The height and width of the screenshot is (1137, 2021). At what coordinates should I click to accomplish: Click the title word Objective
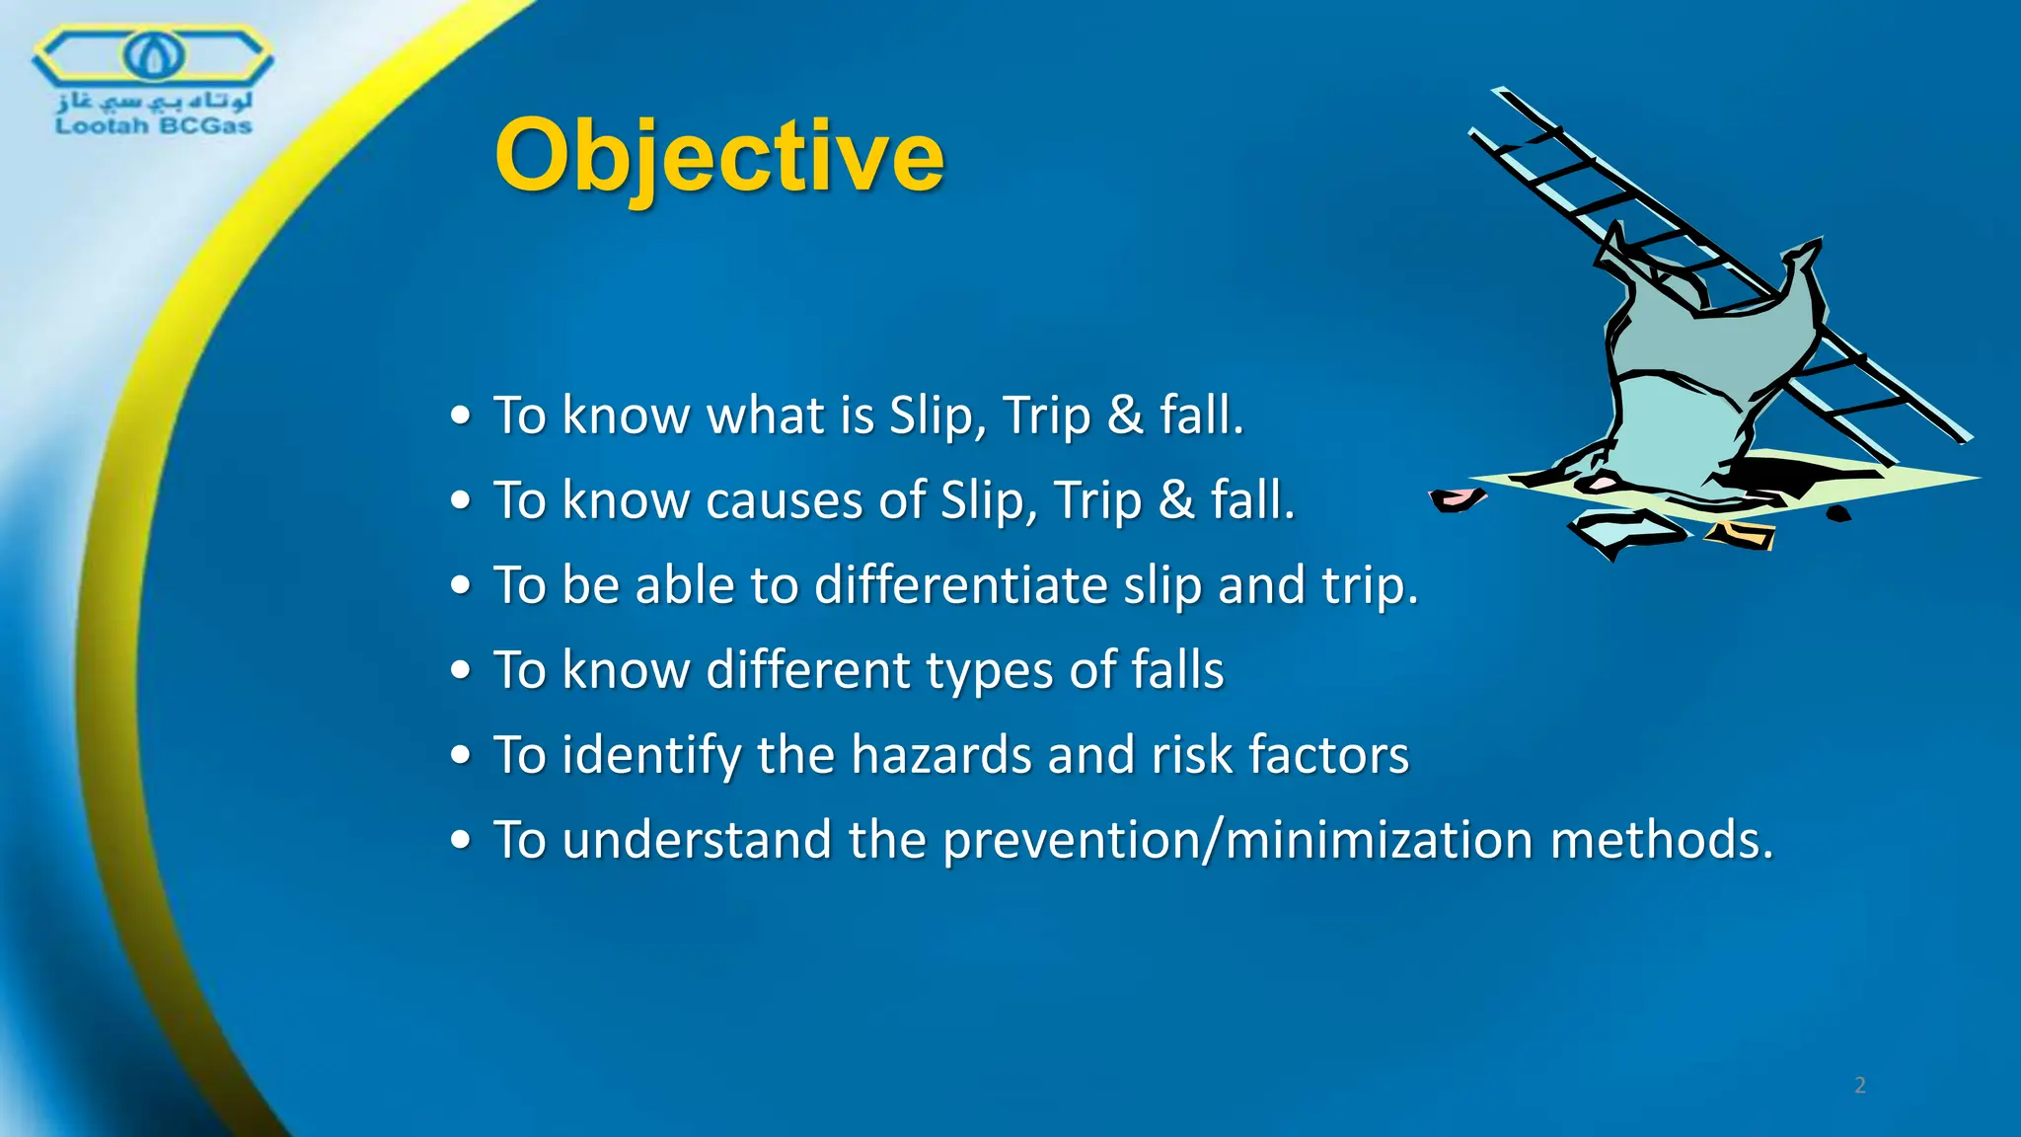[718, 156]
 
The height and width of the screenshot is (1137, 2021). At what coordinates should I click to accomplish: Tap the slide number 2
[1859, 1086]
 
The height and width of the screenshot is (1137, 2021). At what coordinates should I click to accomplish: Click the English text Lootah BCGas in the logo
[153, 126]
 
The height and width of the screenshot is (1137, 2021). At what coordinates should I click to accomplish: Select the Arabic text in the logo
[155, 100]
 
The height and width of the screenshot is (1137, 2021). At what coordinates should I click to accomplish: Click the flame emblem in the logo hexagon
[153, 54]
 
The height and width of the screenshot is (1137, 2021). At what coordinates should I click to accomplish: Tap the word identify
[650, 757]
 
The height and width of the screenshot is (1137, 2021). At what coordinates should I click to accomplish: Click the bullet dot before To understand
[460, 842]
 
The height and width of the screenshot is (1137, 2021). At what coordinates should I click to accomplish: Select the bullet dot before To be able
[460, 586]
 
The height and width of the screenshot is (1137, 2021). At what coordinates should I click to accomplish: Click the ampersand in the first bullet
[1124, 415]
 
